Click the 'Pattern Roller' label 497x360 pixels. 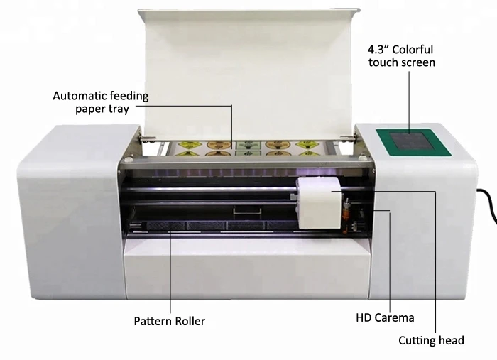coord(169,321)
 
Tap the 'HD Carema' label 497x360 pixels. coord(385,317)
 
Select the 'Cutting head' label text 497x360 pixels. coord(431,341)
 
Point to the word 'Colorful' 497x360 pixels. coord(413,49)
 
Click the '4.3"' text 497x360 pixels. coord(376,49)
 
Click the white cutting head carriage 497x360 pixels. coord(317,202)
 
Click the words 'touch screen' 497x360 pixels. coord(402,62)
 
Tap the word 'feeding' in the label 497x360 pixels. coord(130,96)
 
